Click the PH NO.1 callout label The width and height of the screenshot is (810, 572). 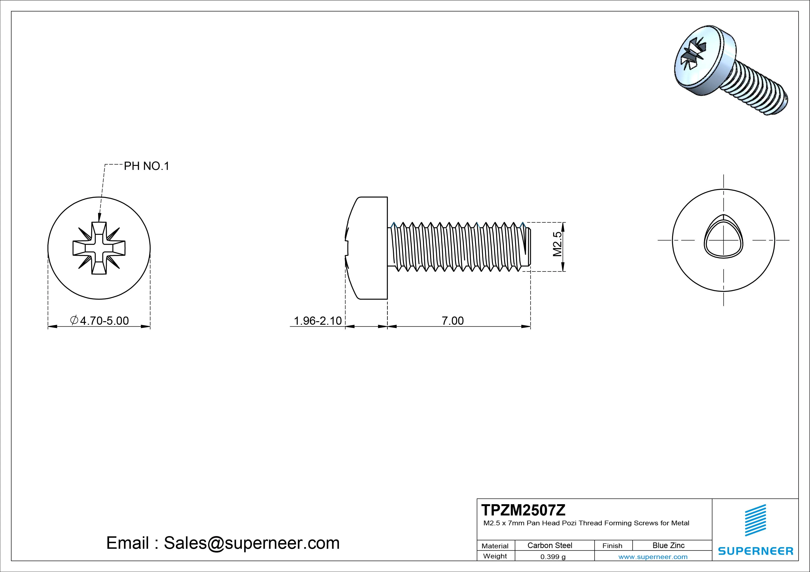[146, 166]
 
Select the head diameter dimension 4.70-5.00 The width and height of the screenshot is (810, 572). [100, 320]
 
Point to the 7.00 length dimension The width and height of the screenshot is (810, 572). [453, 320]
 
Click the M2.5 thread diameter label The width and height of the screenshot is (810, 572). [557, 244]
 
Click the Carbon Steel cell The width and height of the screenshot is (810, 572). [550, 545]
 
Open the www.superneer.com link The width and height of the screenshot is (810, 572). [653, 557]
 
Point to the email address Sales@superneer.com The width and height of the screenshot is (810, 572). [251, 543]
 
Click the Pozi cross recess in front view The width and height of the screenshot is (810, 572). [99, 248]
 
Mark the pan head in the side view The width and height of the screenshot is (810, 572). [369, 248]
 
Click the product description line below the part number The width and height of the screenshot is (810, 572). [586, 523]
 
